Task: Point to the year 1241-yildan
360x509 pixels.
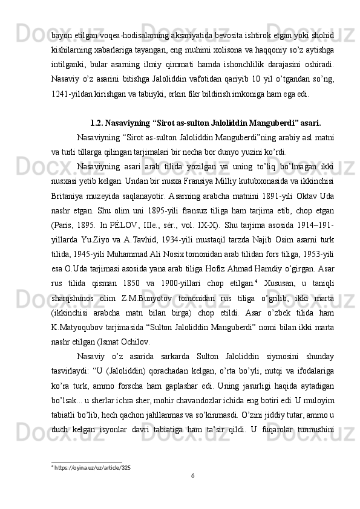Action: (x=68, y=94)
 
